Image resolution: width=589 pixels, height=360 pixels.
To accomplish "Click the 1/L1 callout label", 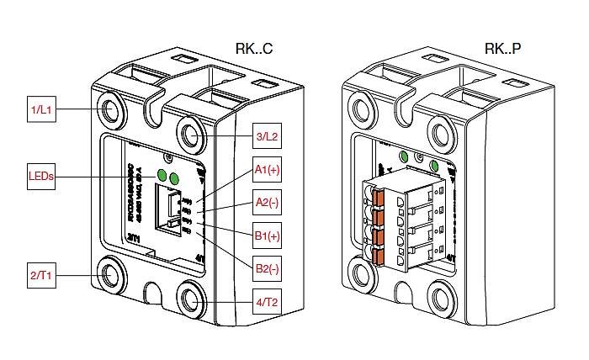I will coord(42,111).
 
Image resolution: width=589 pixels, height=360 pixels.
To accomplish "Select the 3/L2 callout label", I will coord(267,136).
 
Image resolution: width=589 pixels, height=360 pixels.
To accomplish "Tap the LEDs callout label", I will coord(42,177).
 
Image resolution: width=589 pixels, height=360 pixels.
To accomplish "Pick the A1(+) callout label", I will coord(267,172).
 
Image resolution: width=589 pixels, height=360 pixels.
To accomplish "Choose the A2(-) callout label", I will coord(267,203).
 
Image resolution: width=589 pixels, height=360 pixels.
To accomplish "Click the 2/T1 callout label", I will coord(42,275).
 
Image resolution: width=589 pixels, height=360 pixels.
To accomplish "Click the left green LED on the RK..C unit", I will coord(162,175).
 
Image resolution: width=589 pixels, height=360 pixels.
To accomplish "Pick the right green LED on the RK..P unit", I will coord(434,164).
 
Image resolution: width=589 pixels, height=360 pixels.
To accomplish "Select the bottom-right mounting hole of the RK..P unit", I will coord(439,297).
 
